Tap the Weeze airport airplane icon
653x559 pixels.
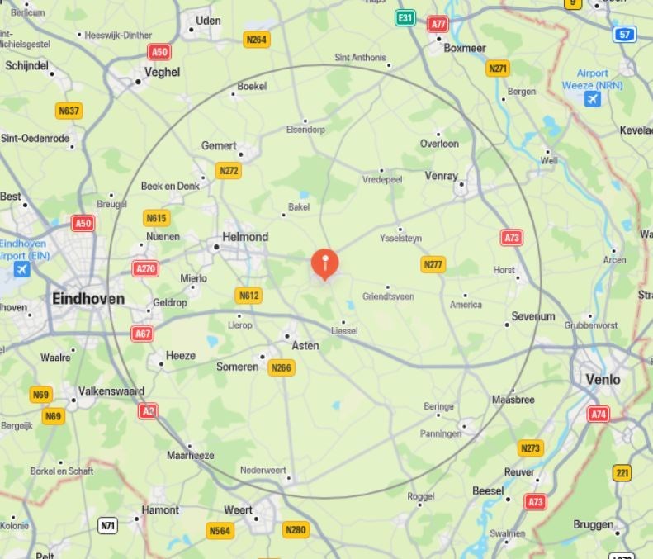[x=592, y=100]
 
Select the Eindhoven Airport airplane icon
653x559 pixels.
[x=21, y=269]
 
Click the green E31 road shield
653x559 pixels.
[x=405, y=17]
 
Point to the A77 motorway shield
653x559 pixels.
[x=438, y=24]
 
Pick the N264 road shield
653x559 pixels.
[x=257, y=40]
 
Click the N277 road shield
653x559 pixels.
[x=433, y=264]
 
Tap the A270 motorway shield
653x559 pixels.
[x=145, y=268]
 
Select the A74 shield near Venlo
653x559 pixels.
[x=599, y=414]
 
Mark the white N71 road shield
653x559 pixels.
[x=108, y=525]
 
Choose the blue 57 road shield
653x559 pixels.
[x=625, y=35]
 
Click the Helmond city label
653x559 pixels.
[x=246, y=237]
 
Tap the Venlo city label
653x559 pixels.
[x=602, y=380]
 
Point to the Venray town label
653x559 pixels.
[x=441, y=176]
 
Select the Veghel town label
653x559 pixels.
[x=162, y=72]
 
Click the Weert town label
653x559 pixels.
[x=238, y=509]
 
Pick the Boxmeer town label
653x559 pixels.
[x=465, y=48]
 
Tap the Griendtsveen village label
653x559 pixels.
[x=388, y=296]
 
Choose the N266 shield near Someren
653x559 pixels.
[x=281, y=368]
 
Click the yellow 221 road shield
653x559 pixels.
[x=622, y=473]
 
